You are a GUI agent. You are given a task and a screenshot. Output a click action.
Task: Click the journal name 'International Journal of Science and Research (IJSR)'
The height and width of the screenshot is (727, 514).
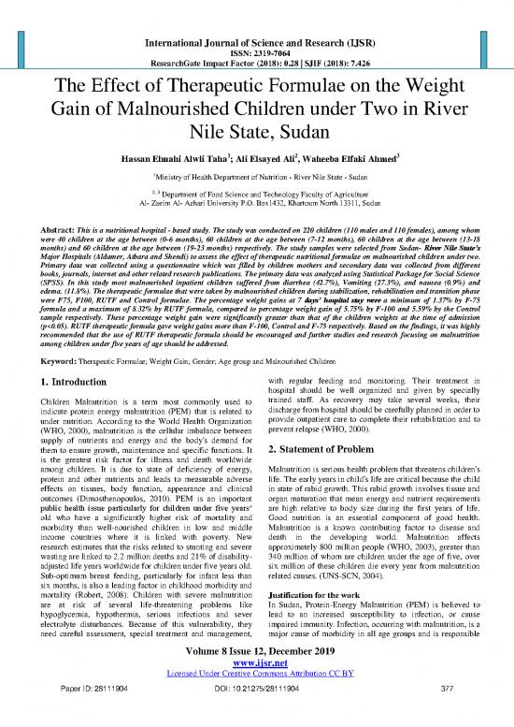point(256,16)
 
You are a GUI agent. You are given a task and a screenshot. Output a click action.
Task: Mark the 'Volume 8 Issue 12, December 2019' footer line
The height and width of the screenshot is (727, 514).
point(256,667)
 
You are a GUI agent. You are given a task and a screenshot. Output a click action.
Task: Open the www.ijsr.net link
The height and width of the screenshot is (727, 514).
point(256,680)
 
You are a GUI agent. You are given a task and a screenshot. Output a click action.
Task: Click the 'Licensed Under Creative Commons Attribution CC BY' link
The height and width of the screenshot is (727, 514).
point(256,691)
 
